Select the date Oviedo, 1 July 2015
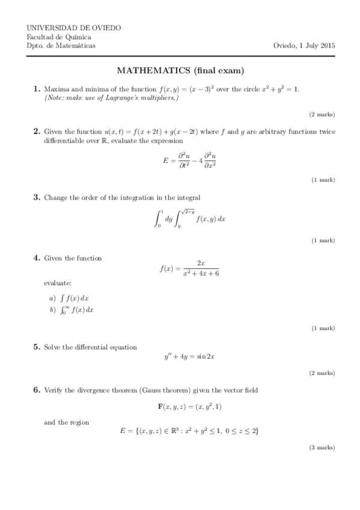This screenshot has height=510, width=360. tap(304, 46)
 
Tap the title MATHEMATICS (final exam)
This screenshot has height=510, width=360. tap(180, 71)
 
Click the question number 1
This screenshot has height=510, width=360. tap(36, 89)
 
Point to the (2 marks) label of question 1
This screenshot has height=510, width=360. tap(322, 114)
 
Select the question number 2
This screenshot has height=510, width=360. tap(36, 131)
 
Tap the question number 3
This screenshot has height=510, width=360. tap(36, 197)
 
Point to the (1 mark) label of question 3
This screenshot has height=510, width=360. tap(323, 241)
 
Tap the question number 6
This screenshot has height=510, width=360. tap(36, 390)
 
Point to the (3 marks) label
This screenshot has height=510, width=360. tap(322, 448)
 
